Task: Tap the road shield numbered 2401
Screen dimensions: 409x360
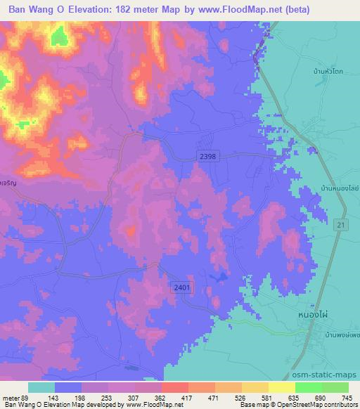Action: click(181, 287)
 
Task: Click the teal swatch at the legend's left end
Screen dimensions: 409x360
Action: click(41, 388)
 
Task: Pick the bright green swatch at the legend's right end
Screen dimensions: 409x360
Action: click(335, 388)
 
